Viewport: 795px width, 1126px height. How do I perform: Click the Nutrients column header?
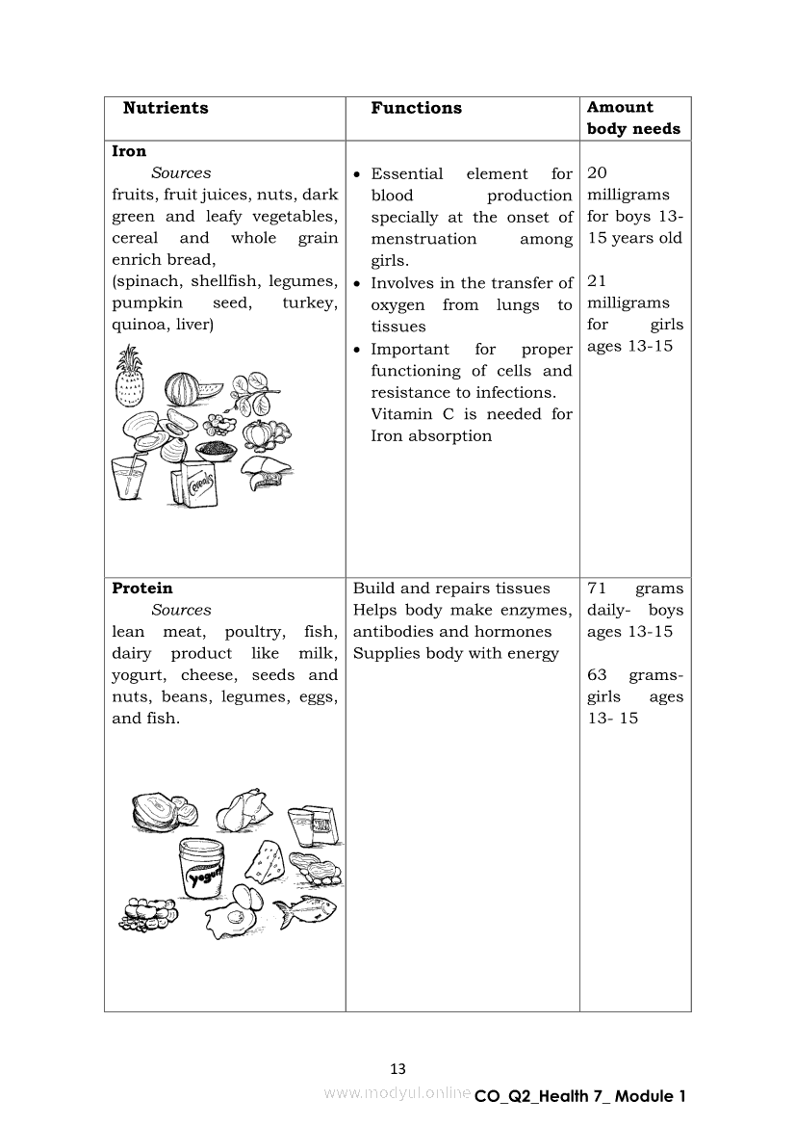(165, 108)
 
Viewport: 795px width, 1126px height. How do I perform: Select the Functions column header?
(416, 108)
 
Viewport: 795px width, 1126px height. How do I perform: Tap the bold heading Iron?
(129, 151)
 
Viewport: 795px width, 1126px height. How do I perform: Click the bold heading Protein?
(142, 589)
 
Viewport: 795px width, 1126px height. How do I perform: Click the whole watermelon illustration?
(183, 390)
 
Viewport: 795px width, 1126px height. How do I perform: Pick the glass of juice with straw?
(128, 477)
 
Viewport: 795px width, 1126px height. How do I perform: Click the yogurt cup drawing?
(201, 868)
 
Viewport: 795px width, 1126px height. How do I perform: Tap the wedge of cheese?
(265, 859)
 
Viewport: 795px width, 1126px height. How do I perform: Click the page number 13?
(397, 1068)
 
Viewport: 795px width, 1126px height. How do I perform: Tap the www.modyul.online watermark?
(397, 1093)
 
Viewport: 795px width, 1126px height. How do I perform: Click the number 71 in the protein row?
(598, 589)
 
